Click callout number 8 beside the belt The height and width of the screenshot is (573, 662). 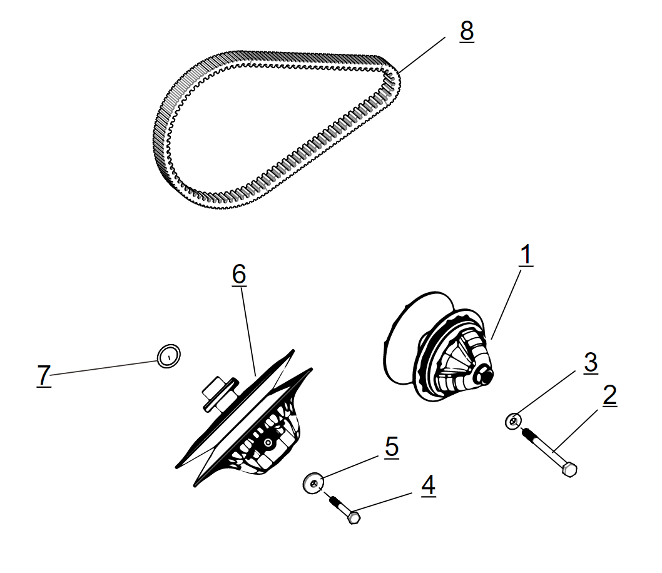point(466,31)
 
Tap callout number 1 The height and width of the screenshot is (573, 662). point(526,255)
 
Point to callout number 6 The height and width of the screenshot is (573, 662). point(239,274)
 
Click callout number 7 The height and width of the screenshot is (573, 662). point(43,375)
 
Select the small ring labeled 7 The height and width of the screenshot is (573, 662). point(168,356)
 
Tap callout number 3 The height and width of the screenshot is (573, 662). point(590,363)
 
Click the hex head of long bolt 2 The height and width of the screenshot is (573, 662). point(569,469)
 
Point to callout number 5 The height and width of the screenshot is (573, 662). point(391,447)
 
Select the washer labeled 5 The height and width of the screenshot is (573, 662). point(313,482)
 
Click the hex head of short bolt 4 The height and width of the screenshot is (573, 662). point(354,518)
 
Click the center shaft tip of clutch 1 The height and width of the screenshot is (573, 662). point(485,377)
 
